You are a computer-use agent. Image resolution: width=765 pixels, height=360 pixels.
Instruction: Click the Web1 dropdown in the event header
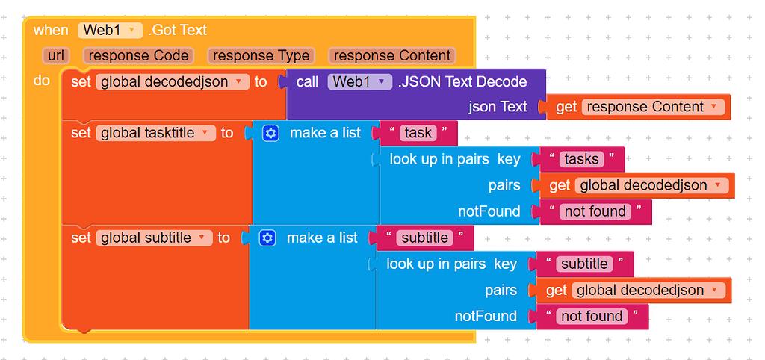110,30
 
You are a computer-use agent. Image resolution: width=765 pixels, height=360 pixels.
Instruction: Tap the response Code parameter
139,56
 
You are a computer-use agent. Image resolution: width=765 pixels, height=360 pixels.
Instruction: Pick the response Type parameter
260,56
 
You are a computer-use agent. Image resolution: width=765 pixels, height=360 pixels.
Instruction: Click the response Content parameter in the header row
392,56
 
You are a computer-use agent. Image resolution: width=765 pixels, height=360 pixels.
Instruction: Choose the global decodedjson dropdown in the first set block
173,82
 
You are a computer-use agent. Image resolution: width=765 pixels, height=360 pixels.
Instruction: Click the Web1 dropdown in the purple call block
360,82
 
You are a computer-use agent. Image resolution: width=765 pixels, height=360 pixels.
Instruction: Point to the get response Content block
639,107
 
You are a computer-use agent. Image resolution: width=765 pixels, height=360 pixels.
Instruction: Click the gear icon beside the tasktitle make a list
271,133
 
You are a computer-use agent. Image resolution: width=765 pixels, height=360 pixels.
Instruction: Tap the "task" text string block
418,133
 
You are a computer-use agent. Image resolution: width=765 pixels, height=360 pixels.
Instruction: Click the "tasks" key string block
581,159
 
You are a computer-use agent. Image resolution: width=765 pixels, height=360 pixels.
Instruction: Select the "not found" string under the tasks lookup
595,211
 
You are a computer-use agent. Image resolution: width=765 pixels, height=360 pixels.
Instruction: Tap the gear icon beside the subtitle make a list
268,238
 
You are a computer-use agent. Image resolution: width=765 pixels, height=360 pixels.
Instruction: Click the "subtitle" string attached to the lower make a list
424,238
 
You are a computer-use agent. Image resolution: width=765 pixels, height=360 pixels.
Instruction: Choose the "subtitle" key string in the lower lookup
584,264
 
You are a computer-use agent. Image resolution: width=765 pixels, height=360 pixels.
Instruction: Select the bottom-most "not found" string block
592,316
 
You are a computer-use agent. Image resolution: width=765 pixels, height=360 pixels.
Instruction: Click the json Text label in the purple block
498,107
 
